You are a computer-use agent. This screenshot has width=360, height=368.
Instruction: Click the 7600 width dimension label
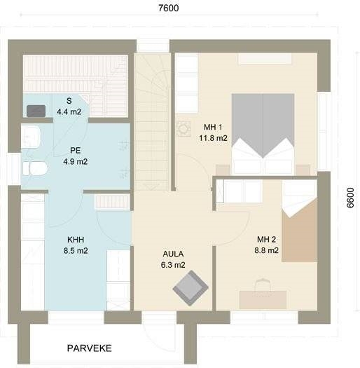coord(169,8)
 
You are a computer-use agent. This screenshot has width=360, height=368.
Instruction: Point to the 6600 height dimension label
coord(350,198)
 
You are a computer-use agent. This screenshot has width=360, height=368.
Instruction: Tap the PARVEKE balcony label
coord(90,348)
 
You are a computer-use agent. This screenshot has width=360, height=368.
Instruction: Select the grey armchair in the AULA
coord(191,288)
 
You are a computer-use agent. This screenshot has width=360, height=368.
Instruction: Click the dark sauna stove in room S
coord(36,111)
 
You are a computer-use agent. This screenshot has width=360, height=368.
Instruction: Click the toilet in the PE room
coord(35,168)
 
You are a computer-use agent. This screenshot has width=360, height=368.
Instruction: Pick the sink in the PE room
coord(31,137)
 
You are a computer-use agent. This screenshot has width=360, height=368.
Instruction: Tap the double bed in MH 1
coord(263,134)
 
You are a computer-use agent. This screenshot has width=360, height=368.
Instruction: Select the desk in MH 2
coord(263,300)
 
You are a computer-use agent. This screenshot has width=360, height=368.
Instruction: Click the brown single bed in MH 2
coord(300,230)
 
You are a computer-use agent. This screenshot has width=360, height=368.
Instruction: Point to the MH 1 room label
coord(213,127)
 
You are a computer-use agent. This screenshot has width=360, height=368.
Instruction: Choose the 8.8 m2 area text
coord(267,250)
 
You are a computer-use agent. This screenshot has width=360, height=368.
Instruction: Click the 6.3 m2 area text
coord(173,265)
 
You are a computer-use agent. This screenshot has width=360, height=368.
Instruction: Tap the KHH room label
coord(76,240)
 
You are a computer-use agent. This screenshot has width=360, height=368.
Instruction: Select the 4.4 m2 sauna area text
coord(69,111)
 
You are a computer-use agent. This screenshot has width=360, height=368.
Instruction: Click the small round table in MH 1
coord(184,129)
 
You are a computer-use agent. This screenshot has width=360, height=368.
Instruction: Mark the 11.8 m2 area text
coord(213,138)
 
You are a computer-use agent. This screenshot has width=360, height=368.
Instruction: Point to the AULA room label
coord(173,254)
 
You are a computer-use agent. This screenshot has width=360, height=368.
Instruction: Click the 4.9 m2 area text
coord(76,161)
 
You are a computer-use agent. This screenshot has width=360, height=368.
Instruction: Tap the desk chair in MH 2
coord(263,285)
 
